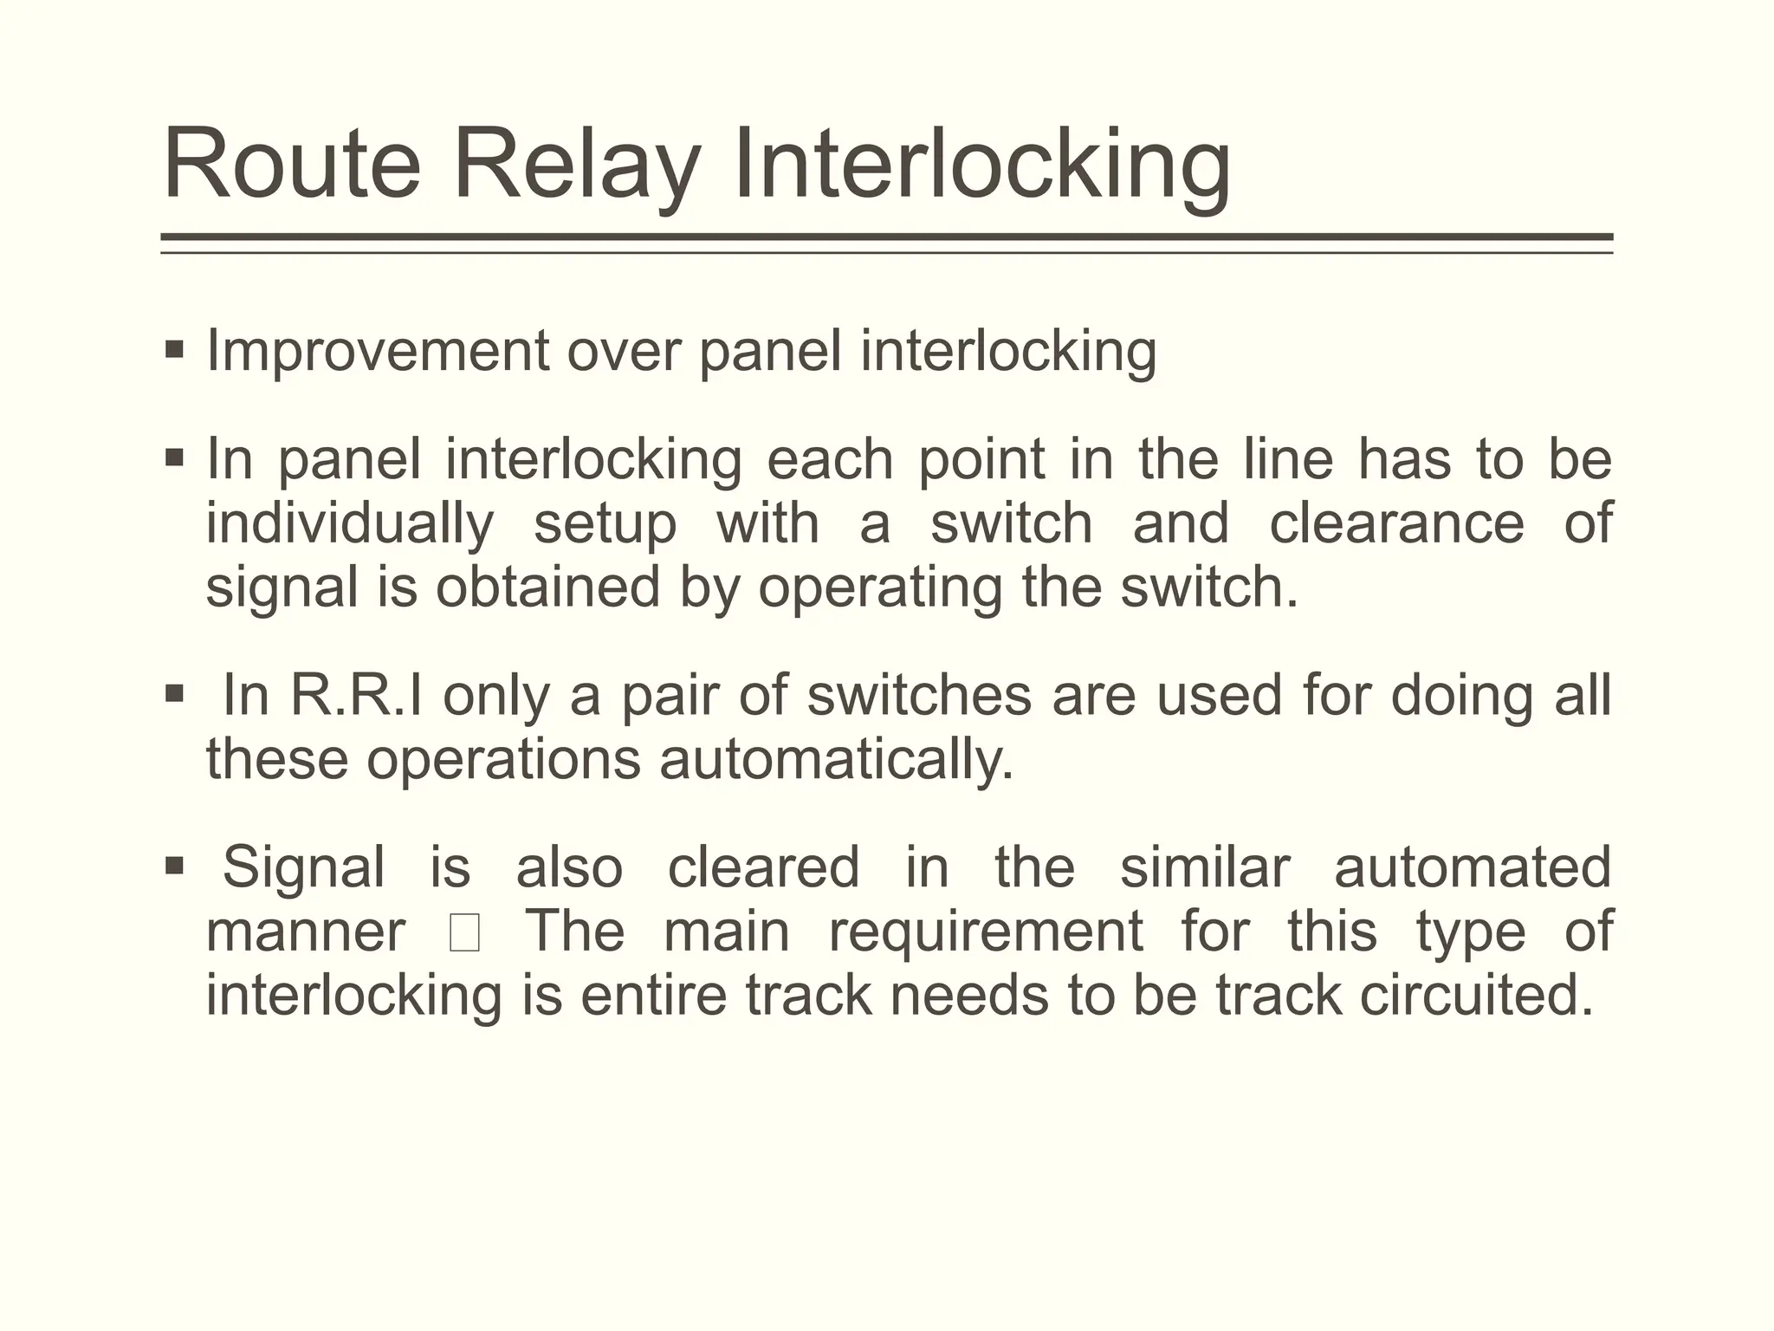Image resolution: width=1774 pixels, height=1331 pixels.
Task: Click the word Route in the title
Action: (x=291, y=165)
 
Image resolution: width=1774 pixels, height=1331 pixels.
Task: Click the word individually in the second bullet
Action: (x=350, y=524)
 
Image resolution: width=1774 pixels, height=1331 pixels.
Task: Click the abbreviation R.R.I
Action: (x=356, y=695)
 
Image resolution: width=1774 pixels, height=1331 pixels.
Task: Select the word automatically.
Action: (x=836, y=760)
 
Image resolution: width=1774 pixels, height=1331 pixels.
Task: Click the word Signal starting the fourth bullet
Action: (x=303, y=867)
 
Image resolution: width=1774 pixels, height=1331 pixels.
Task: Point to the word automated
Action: (x=1472, y=867)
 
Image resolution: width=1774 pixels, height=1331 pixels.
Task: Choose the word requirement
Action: (x=986, y=933)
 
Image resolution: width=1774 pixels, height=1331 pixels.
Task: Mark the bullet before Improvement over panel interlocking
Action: (x=174, y=350)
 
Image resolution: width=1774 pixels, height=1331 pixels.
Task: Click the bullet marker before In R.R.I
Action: (x=174, y=693)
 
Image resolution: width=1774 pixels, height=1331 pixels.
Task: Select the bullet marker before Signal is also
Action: (x=174, y=865)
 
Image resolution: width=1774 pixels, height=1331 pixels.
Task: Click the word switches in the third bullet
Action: (x=919, y=695)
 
